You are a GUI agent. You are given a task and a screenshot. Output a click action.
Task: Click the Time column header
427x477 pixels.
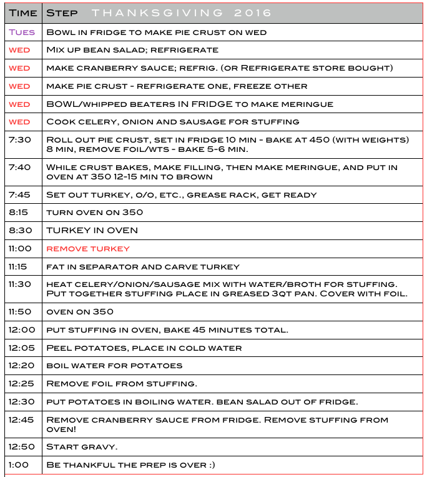22,13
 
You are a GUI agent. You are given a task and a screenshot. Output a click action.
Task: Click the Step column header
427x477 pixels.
62,13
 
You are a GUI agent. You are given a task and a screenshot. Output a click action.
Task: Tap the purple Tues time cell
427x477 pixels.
22,32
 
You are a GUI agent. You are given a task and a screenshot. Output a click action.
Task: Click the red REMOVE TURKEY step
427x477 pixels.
88,248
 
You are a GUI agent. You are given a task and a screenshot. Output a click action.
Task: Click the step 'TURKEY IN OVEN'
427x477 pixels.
92,230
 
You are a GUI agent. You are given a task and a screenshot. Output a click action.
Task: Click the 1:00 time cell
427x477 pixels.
18,465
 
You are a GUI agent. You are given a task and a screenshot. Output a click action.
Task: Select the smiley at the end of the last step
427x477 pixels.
212,465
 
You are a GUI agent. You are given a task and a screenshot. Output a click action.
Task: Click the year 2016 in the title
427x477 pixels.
255,13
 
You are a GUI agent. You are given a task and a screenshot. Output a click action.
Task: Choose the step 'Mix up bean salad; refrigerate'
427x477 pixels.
132,50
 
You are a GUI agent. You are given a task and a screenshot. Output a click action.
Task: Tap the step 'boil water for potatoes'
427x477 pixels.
114,365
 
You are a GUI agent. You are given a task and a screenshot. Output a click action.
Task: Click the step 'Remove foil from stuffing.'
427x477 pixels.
122,383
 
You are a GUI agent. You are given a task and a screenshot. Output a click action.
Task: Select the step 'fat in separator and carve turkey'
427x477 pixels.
143,266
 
